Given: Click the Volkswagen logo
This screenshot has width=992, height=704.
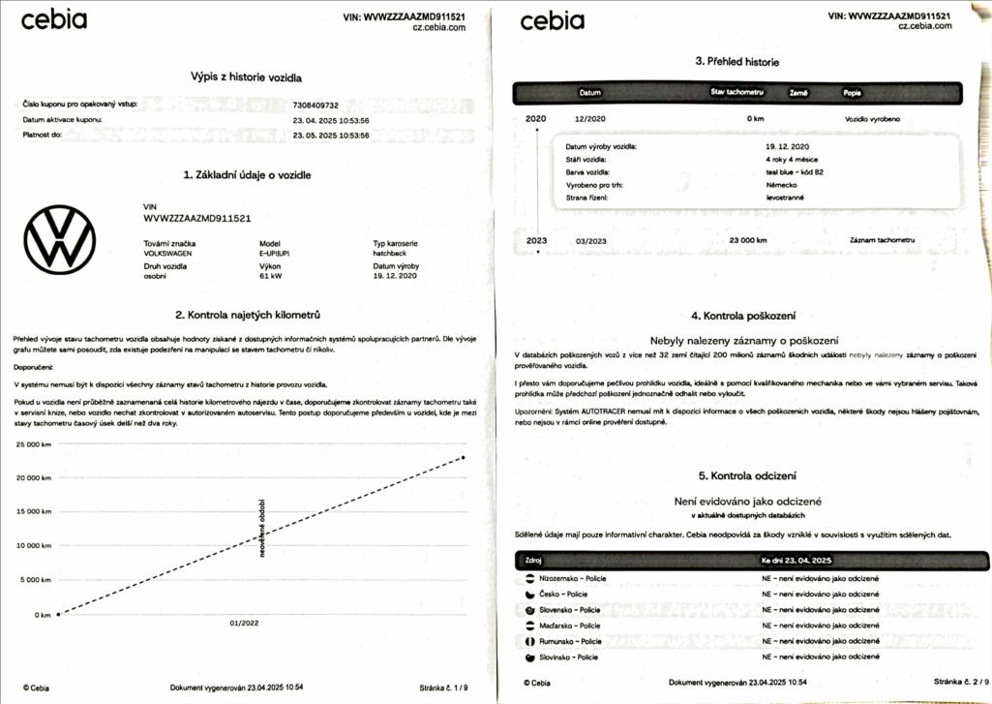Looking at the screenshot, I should (60, 239).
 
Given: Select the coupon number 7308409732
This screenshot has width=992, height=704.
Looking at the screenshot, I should (316, 105).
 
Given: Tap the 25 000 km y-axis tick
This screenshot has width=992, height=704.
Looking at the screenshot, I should (34, 444).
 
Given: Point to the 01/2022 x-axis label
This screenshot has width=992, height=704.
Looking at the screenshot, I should (244, 624).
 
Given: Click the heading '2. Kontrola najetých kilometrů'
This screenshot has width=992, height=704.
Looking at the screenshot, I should (248, 315).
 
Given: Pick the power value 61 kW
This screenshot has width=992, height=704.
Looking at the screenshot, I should (271, 276).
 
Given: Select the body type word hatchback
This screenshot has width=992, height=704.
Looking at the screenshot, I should (390, 253).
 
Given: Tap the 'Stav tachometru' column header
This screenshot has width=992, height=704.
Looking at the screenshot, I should (737, 92).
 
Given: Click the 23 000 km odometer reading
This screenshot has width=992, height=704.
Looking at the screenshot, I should (748, 240).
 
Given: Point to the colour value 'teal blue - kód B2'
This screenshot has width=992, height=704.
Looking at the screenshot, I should (795, 171).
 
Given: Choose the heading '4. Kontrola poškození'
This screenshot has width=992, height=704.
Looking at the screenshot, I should (743, 316).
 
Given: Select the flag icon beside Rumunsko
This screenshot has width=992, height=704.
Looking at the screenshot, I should (529, 641).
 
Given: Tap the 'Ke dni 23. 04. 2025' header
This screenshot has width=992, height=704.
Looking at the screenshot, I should (797, 560).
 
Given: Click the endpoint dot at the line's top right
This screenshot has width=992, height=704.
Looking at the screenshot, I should (464, 457).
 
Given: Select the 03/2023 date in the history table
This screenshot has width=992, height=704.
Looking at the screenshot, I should (590, 240).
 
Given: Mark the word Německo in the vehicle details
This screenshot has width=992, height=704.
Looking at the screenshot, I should (781, 184).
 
